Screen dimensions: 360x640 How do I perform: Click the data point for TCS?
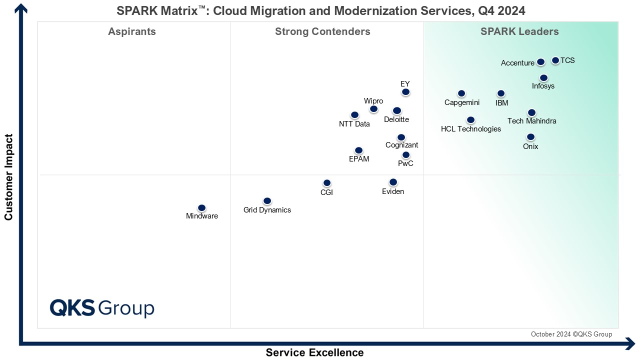[x=555, y=60]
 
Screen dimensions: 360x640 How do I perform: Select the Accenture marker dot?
[x=540, y=62]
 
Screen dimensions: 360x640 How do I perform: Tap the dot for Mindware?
[x=202, y=208]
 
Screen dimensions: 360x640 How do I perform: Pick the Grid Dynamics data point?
[x=267, y=201]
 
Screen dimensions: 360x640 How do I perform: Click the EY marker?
[x=405, y=92]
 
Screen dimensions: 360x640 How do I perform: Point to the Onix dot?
[x=530, y=137]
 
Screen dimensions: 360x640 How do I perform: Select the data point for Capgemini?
[x=461, y=93]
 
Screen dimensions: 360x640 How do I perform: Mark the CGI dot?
[x=327, y=183]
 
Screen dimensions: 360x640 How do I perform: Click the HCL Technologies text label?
[x=470, y=129]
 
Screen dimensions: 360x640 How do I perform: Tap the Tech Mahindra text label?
[x=531, y=121]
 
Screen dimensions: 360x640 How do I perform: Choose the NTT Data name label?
[x=354, y=124]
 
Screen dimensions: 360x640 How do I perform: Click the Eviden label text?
[x=393, y=191]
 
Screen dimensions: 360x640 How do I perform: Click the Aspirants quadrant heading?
[x=132, y=32]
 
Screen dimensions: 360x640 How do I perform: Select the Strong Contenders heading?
[x=322, y=32]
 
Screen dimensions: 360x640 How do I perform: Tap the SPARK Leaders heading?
[x=519, y=32]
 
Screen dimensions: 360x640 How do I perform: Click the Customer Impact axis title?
[x=8, y=176]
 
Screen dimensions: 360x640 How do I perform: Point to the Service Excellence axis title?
[x=314, y=352]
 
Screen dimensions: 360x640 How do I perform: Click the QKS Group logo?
[x=102, y=308]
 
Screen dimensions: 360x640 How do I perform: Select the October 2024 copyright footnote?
[x=571, y=334]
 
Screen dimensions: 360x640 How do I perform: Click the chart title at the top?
[x=320, y=11]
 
